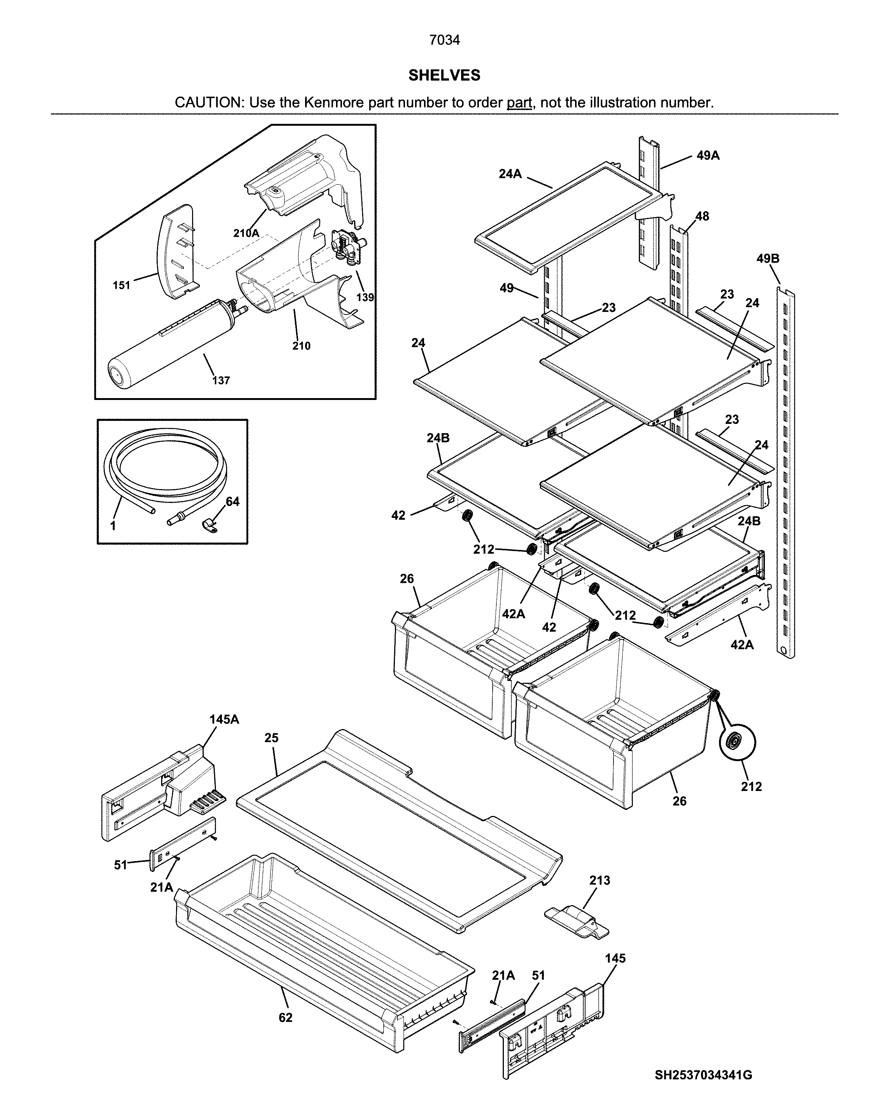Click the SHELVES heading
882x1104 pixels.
click(444, 75)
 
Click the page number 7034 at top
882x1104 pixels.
click(444, 40)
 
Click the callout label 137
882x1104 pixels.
click(221, 381)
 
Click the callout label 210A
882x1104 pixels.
click(246, 233)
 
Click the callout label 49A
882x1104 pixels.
click(708, 156)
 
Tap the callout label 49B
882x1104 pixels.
click(768, 259)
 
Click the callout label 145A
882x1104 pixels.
click(224, 719)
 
